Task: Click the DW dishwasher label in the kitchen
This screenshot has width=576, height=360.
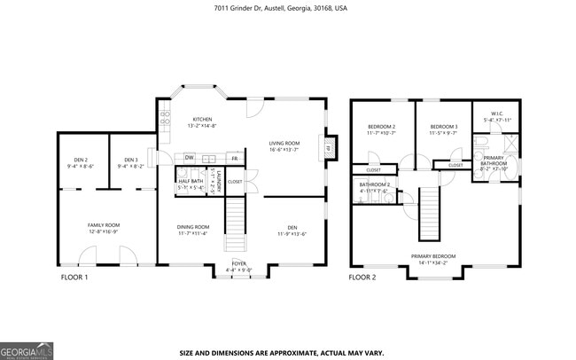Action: (x=190, y=158)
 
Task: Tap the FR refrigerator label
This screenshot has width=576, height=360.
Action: (x=234, y=158)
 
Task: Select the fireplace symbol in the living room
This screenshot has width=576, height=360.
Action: (x=329, y=149)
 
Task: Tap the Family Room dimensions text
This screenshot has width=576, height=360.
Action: (x=103, y=231)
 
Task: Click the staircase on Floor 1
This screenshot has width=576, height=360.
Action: (x=236, y=226)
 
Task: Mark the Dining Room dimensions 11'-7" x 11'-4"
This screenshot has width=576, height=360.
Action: (x=192, y=233)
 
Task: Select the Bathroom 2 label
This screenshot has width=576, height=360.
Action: (x=375, y=184)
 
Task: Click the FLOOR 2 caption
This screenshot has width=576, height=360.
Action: (x=362, y=278)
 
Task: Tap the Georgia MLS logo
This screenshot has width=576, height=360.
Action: (x=27, y=351)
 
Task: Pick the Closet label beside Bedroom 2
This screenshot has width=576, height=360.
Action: (x=373, y=169)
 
